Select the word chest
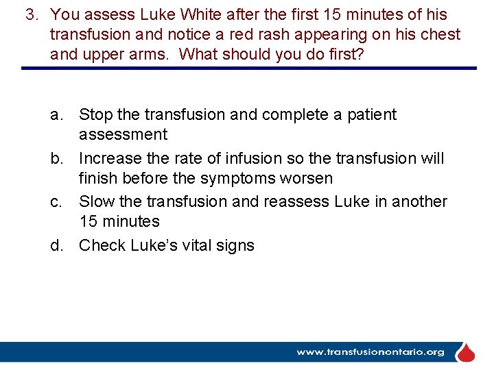[440, 34]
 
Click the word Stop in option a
[95, 114]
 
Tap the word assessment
[123, 134]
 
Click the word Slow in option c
[96, 201]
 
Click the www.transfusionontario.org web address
[370, 352]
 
